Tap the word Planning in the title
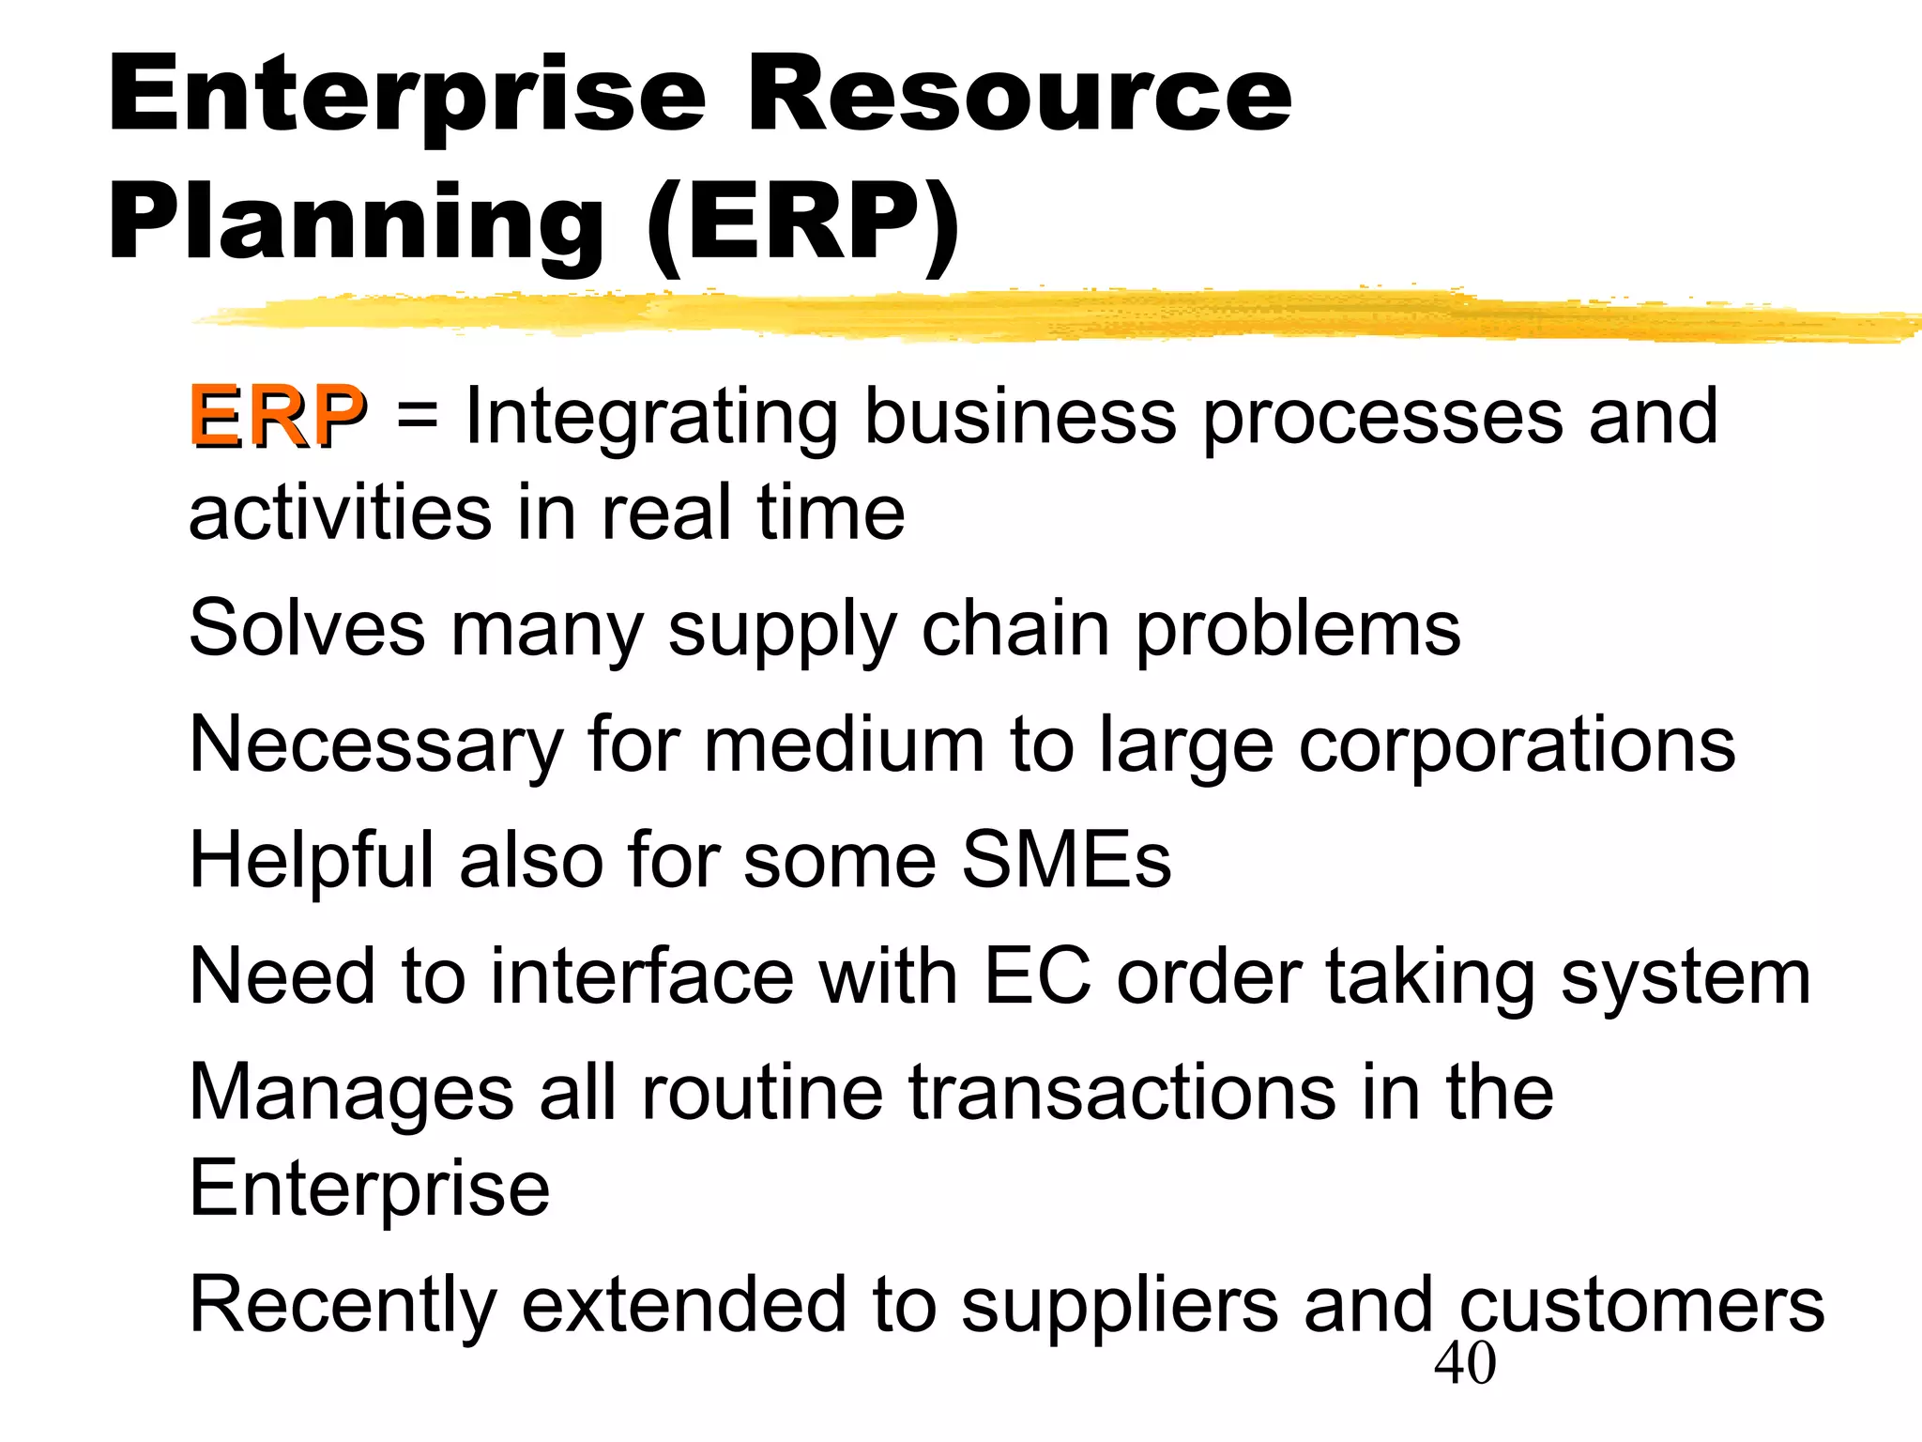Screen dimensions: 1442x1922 click(357, 223)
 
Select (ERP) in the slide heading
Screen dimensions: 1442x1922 click(803, 223)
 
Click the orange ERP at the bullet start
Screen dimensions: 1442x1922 click(277, 416)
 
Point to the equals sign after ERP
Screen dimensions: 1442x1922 click(417, 416)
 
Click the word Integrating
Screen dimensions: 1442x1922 click(651, 418)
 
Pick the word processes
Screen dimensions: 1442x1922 click(1383, 418)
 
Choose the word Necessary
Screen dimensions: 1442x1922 click(375, 744)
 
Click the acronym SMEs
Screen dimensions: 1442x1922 click(1067, 860)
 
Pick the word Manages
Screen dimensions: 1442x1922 click(352, 1093)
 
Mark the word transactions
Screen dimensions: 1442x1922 click(1122, 1093)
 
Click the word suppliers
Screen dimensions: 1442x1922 click(1120, 1305)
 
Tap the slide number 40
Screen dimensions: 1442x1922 click(1465, 1364)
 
